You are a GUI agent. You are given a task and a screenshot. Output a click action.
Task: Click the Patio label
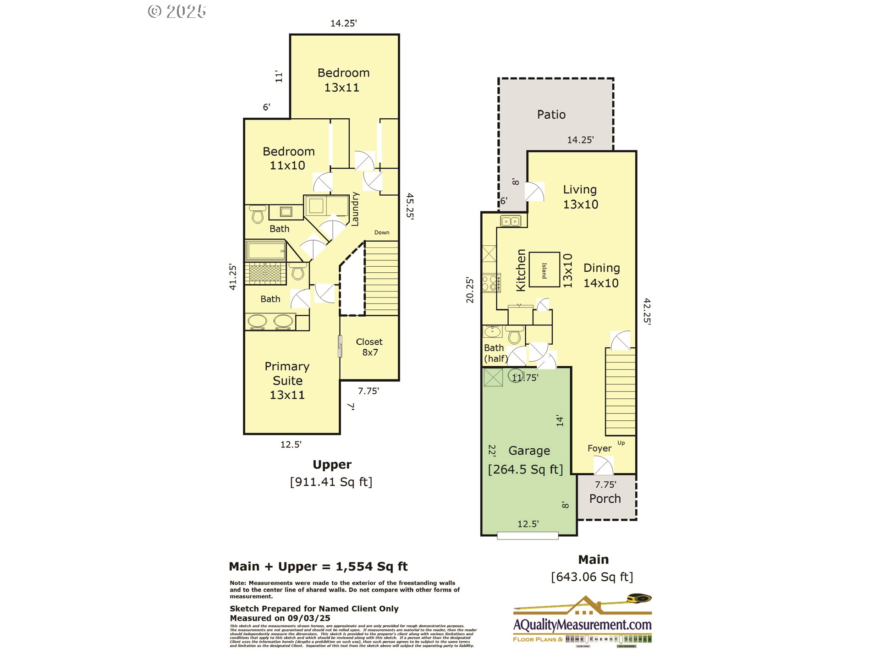tap(551, 115)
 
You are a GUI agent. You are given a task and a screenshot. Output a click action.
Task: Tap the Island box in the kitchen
tap(544, 270)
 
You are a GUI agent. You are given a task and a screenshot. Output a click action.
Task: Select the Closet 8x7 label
tap(369, 347)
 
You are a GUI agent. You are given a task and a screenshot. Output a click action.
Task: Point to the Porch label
tap(605, 499)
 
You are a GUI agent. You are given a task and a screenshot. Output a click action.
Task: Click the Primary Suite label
tap(287, 380)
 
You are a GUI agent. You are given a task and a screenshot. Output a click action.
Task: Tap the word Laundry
tap(355, 209)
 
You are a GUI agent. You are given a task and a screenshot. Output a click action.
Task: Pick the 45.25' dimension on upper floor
tap(410, 206)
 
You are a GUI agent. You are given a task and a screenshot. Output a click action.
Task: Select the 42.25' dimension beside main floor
tap(647, 311)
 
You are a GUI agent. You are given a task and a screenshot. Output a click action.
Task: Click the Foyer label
tap(599, 448)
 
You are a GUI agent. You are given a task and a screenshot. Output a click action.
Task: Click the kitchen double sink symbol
tap(510, 221)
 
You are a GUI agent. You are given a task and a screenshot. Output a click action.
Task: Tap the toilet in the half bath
tap(515, 335)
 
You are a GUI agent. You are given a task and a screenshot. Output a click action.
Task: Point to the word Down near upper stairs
tap(381, 232)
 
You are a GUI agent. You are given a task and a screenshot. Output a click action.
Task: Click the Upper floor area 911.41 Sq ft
tap(331, 482)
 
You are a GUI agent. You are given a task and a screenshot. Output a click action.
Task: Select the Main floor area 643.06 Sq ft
tap(592, 577)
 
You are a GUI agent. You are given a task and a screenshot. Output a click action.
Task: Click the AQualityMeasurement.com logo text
tap(582, 625)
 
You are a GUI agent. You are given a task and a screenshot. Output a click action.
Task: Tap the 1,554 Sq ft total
tap(371, 566)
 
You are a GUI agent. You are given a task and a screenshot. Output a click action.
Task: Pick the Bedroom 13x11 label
tap(343, 80)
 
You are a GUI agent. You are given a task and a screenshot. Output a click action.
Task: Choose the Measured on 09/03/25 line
tap(280, 618)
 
